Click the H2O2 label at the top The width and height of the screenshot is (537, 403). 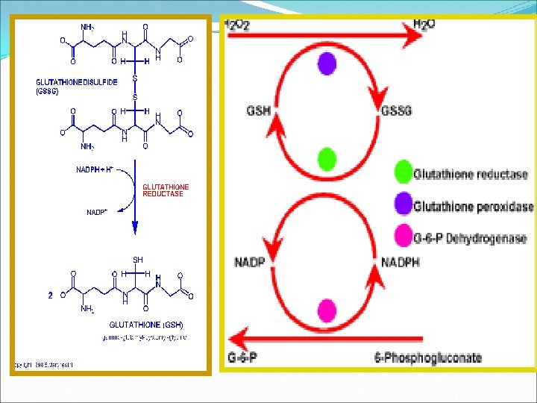coord(238,25)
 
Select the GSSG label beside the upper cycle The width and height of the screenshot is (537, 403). coord(398,111)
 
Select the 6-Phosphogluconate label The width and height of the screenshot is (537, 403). coord(428,357)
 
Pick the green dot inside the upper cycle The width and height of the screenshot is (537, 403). coord(326,159)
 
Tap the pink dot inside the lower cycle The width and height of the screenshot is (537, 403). coord(326,309)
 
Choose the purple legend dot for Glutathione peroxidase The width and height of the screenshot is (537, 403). coord(402,206)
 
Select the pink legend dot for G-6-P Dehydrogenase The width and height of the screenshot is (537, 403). coord(402,237)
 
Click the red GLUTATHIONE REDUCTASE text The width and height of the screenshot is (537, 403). coord(166,190)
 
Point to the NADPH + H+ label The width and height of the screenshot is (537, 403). coord(95,169)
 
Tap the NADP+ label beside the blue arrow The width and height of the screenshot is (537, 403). coord(97,212)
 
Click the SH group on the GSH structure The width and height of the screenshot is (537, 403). coord(138,259)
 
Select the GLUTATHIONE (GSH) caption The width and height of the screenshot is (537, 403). coord(146,325)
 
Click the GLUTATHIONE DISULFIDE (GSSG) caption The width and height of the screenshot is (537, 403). coord(77,86)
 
